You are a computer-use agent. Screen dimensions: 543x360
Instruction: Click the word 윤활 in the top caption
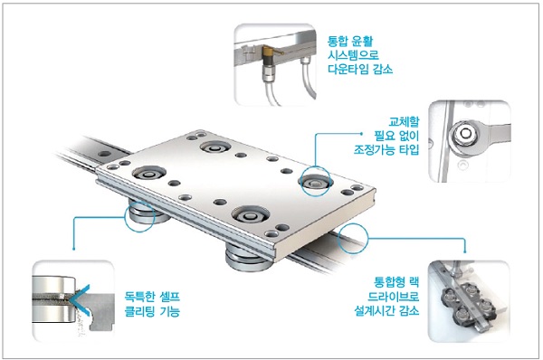coord(362,42)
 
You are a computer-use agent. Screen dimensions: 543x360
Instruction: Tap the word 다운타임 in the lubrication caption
coord(348,69)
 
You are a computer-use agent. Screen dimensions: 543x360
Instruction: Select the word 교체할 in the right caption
coord(404,121)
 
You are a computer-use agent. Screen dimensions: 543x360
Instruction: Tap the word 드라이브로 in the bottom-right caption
coord(394,297)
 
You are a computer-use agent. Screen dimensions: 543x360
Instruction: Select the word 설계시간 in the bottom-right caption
coord(375,310)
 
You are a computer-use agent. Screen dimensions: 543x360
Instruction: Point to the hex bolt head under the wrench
coord(465,133)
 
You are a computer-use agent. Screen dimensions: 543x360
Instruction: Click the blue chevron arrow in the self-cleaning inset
coord(80,299)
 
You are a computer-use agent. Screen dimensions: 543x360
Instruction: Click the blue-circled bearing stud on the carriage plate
coord(315,182)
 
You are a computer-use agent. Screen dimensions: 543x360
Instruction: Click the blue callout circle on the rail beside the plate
coord(338,239)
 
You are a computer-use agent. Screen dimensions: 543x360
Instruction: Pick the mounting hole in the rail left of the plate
coord(104,154)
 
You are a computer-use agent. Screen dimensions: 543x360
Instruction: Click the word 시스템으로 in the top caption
coord(353,55)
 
